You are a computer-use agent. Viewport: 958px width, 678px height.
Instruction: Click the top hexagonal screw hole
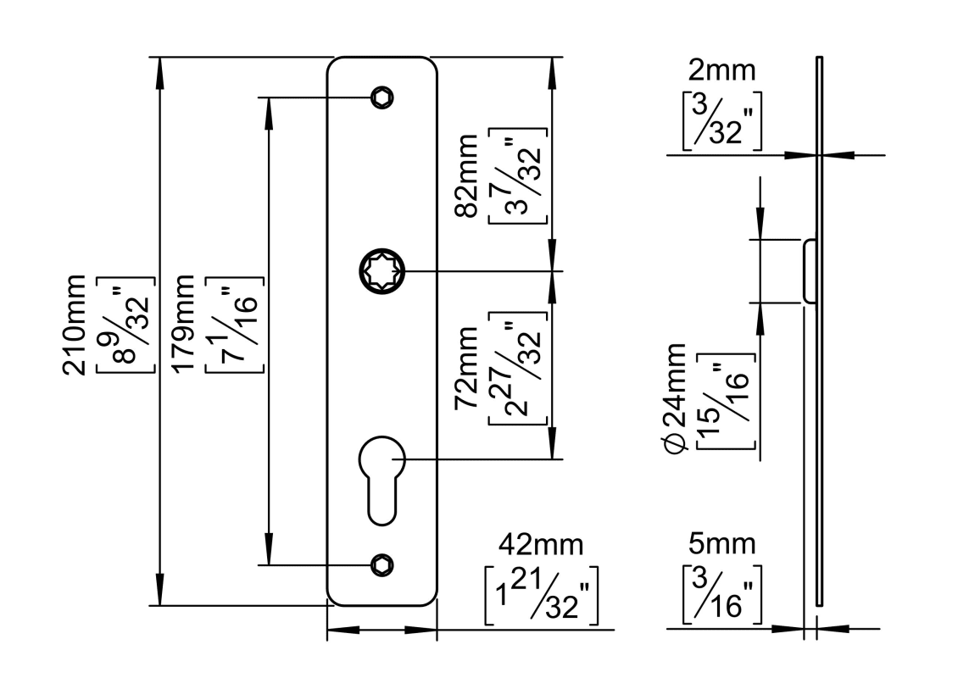382,97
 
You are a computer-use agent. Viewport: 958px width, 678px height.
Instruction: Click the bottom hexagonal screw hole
382,564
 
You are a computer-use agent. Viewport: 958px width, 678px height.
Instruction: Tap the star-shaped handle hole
382,271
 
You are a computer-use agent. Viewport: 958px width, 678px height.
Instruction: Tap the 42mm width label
541,545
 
